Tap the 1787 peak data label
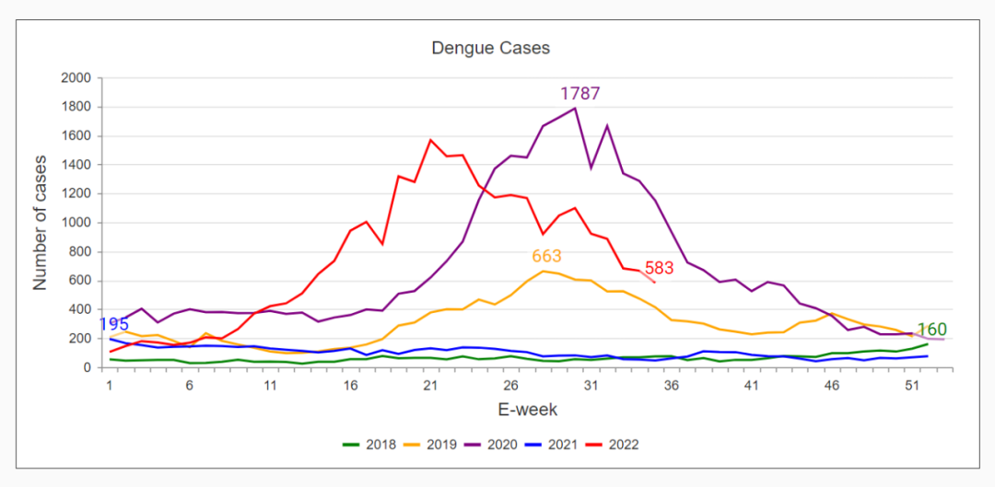coord(579,93)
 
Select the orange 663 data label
coord(546,256)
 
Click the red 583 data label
coord(659,268)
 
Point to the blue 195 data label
coord(113,324)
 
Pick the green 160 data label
coord(931,330)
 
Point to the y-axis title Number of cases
coord(40,222)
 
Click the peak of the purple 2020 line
coord(575,109)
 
